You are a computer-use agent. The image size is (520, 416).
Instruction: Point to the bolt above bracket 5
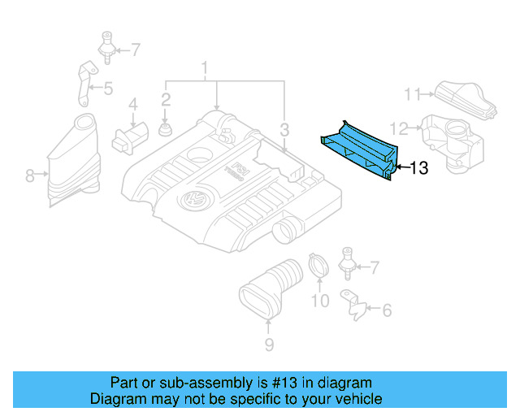(x=105, y=45)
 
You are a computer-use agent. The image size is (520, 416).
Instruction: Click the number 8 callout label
(x=30, y=175)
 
